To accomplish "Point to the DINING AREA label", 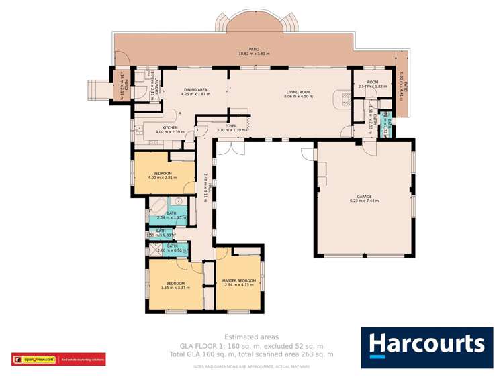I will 195,92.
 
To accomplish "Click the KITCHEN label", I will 169,129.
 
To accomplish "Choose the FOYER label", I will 231,127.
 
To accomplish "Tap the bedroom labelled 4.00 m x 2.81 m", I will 163,175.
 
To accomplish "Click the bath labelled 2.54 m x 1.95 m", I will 171,215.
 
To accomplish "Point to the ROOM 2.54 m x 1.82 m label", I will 373,84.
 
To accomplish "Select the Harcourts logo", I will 426,347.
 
